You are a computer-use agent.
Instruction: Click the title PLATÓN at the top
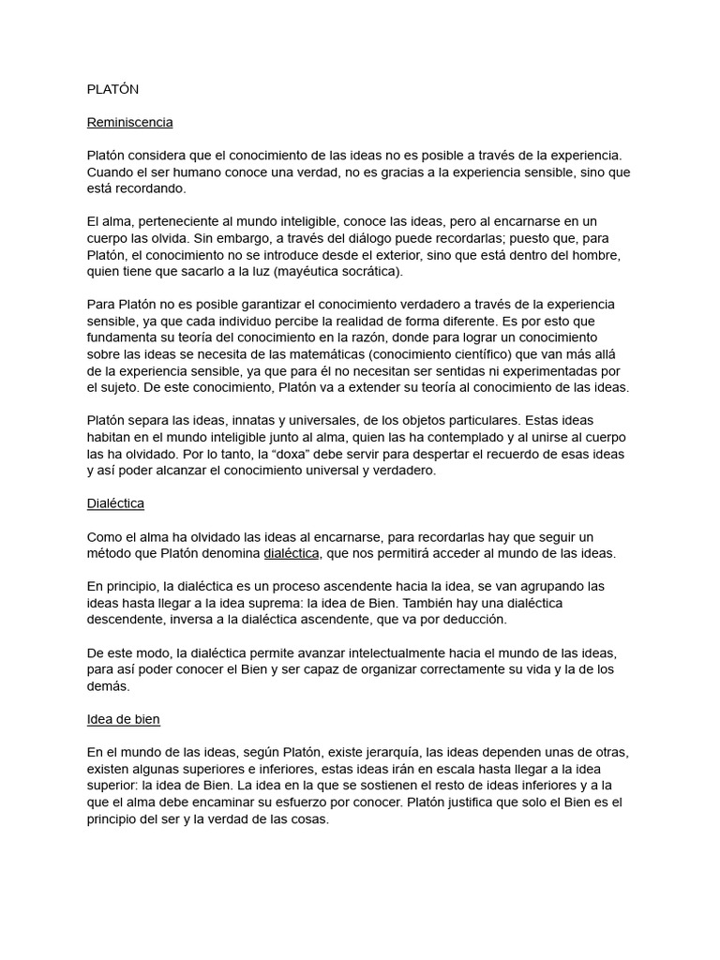pyautogui.click(x=112, y=89)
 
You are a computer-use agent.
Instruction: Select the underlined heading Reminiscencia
pyautogui.click(x=129, y=122)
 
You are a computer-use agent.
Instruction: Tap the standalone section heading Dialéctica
pyautogui.click(x=115, y=502)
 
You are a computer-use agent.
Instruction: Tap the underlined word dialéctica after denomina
pyautogui.click(x=292, y=553)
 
